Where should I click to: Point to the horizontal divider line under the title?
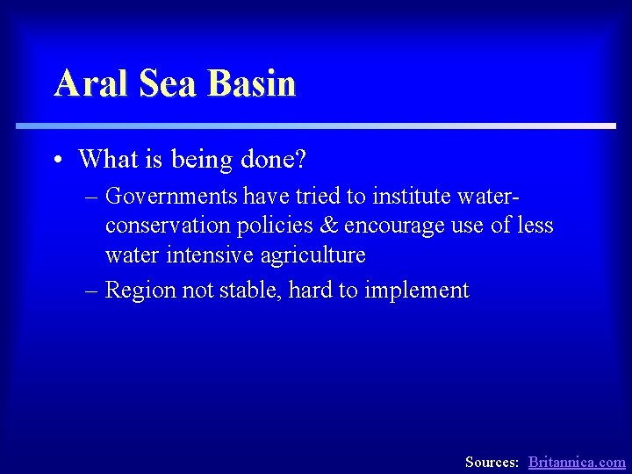click(x=316, y=126)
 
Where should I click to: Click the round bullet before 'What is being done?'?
click(x=56, y=161)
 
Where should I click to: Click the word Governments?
click(x=171, y=194)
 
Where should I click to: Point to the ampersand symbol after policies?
click(x=329, y=225)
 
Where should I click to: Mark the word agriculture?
click(x=313, y=255)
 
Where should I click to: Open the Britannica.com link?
click(x=577, y=462)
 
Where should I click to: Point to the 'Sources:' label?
click(x=492, y=462)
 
